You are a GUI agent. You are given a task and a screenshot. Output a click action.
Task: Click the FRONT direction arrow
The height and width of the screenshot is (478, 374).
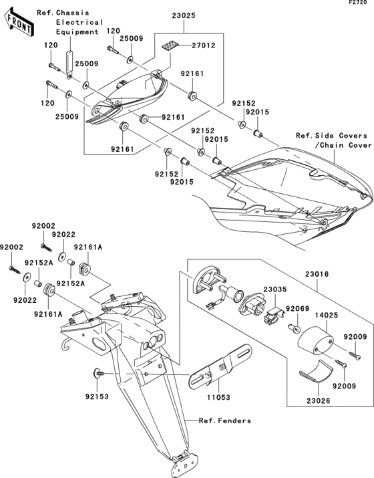pyautogui.click(x=20, y=25)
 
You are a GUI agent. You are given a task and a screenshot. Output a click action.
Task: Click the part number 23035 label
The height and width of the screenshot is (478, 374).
pyautogui.click(x=275, y=289)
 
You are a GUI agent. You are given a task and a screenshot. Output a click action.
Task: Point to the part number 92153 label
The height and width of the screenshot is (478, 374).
pyautogui.click(x=98, y=396)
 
